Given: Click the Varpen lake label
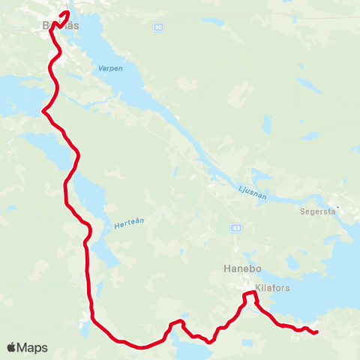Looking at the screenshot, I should click(x=109, y=68).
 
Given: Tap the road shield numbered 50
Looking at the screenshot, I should click(x=157, y=26).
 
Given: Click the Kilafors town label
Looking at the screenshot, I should click(x=273, y=287).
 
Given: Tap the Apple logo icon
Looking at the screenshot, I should click(x=12, y=348).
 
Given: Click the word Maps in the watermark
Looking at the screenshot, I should click(x=33, y=348).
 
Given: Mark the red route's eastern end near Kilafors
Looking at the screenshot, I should click(x=317, y=331).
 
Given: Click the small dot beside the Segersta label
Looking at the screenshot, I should click(x=338, y=206).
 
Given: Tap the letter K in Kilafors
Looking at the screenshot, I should click(x=259, y=287).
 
